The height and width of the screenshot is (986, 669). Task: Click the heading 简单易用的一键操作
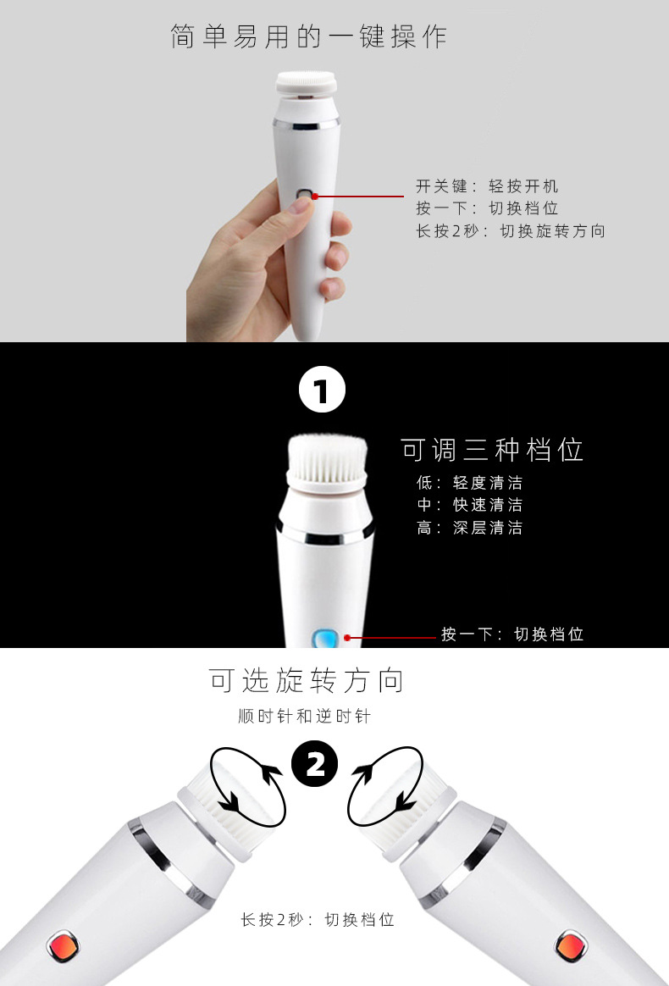click(x=308, y=36)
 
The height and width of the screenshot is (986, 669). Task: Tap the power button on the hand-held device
click(x=303, y=196)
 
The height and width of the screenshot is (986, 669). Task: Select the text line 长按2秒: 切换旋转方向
click(x=510, y=231)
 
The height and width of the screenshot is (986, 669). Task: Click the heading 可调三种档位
click(x=492, y=450)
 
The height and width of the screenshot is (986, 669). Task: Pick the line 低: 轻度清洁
click(x=469, y=483)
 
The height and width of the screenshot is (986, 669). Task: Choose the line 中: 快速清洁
click(x=469, y=506)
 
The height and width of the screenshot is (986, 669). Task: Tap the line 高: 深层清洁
click(x=469, y=528)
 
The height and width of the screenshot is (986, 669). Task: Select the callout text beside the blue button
click(x=512, y=634)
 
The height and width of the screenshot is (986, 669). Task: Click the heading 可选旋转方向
click(x=307, y=680)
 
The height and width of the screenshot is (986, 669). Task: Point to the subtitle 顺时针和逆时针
click(x=305, y=717)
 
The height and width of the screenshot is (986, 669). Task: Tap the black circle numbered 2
click(x=314, y=766)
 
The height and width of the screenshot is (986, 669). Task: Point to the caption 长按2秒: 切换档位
click(x=318, y=920)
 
